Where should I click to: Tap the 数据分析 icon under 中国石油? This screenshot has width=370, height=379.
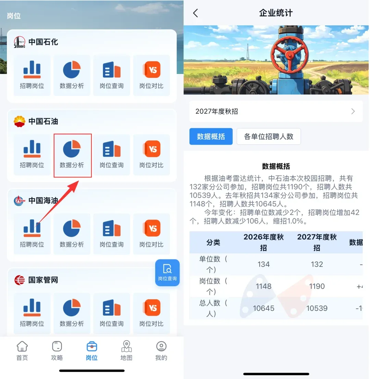pyautogui.click(x=72, y=149)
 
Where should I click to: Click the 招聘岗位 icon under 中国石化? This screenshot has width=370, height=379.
pyautogui.click(x=32, y=70)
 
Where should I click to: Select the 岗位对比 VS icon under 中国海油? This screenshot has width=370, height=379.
pyautogui.click(x=152, y=228)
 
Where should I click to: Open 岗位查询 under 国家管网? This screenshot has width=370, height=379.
pyautogui.click(x=112, y=307)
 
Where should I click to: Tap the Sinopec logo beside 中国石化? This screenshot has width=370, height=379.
pyautogui.click(x=20, y=42)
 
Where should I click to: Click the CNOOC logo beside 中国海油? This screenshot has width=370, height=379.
pyautogui.click(x=20, y=200)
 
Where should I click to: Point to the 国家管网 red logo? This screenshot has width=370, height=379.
pyautogui.click(x=20, y=280)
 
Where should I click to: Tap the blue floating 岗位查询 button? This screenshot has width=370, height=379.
pyautogui.click(x=167, y=273)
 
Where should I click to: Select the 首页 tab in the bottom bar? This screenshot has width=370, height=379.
pyautogui.click(x=22, y=351)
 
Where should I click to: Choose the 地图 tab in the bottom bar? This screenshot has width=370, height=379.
pyautogui.click(x=126, y=351)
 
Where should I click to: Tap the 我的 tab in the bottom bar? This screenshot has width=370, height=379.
pyautogui.click(x=161, y=351)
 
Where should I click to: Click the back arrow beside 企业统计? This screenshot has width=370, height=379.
pyautogui.click(x=196, y=13)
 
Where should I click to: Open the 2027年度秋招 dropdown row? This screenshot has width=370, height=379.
pyautogui.click(x=276, y=111)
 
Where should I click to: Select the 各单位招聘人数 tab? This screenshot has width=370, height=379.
pyautogui.click(x=269, y=137)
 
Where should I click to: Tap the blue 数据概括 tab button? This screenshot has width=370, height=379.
pyautogui.click(x=211, y=137)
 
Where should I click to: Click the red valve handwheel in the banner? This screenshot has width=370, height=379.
pyautogui.click(x=289, y=54)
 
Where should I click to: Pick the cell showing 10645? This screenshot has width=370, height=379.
pyautogui.click(x=263, y=308)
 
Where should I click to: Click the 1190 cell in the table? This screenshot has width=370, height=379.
pyautogui.click(x=317, y=286)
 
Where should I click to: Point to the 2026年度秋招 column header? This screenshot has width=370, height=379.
pyautogui.click(x=263, y=242)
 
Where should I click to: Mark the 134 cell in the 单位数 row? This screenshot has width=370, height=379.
pyautogui.click(x=263, y=265)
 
